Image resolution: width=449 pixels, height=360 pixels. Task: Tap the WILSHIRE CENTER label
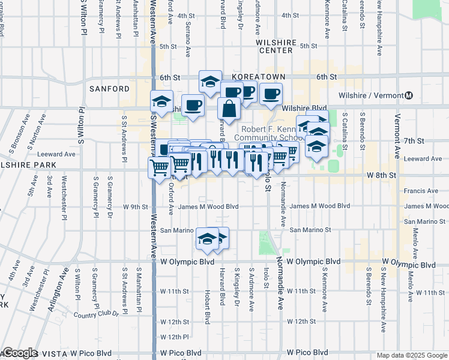pyautogui.click(x=276, y=46)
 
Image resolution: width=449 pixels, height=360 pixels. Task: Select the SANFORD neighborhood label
pyautogui.click(x=109, y=89)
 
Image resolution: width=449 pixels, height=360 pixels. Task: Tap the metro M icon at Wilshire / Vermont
pyautogui.click(x=409, y=95)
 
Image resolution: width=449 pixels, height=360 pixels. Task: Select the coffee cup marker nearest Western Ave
pyautogui.click(x=193, y=106)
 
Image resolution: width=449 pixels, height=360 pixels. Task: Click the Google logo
pyautogui.click(x=19, y=353)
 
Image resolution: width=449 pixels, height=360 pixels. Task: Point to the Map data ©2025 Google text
pyautogui.click(x=411, y=355)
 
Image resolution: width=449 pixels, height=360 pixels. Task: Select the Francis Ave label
pyautogui.click(x=422, y=191)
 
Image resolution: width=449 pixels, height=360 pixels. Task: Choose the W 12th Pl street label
pyautogui.click(x=175, y=337)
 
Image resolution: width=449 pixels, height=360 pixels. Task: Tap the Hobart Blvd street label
pyautogui.click(x=207, y=305)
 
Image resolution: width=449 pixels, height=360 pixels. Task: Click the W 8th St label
pyautogui.click(x=382, y=175)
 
